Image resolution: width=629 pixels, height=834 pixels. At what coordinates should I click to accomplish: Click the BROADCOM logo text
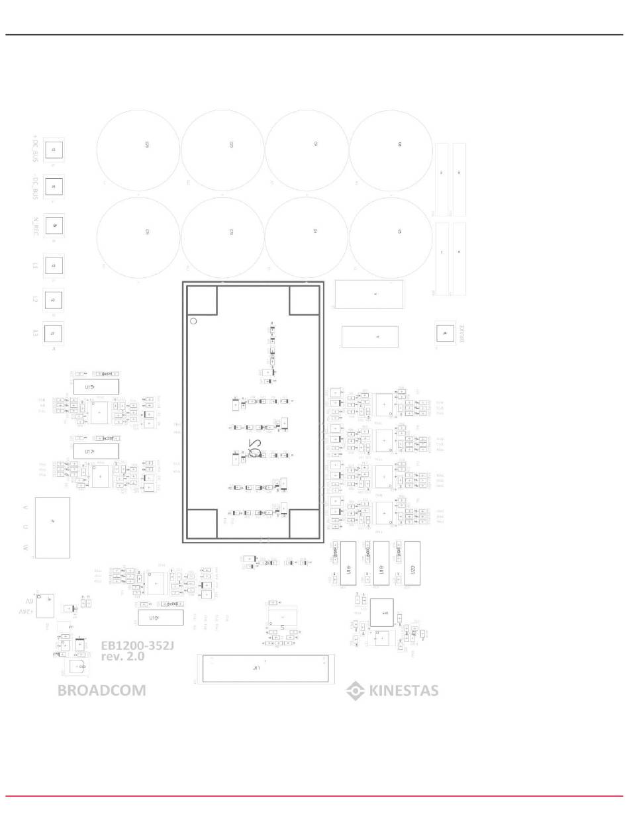[x=101, y=690]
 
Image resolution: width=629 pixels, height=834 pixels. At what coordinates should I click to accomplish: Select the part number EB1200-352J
[x=137, y=645]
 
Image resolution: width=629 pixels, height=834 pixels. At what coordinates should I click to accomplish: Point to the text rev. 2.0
[x=122, y=657]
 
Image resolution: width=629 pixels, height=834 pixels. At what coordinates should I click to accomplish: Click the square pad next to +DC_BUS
[x=54, y=150]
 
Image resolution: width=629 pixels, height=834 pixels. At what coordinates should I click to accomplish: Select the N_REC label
[x=35, y=226]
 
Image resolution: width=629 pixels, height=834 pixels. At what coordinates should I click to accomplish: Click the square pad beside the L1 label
[x=54, y=265]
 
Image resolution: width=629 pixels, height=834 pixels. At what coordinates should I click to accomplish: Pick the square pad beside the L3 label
[x=53, y=333]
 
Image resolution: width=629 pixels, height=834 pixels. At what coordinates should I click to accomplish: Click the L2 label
[x=35, y=299]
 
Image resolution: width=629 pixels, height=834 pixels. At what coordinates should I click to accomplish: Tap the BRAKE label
[x=462, y=334]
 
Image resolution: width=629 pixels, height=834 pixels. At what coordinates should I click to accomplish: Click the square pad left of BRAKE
[x=445, y=333]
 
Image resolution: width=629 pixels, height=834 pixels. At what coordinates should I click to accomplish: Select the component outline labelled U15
[x=95, y=387]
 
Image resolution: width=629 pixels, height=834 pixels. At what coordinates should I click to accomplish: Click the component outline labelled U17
[x=95, y=451]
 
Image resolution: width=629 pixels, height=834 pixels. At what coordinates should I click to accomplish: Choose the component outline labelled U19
[x=160, y=618]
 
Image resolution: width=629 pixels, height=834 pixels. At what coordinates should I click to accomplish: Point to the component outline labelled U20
[x=412, y=563]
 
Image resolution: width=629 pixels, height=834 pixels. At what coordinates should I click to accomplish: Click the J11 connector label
[x=257, y=669]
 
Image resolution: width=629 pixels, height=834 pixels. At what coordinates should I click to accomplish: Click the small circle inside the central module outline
[x=193, y=321]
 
